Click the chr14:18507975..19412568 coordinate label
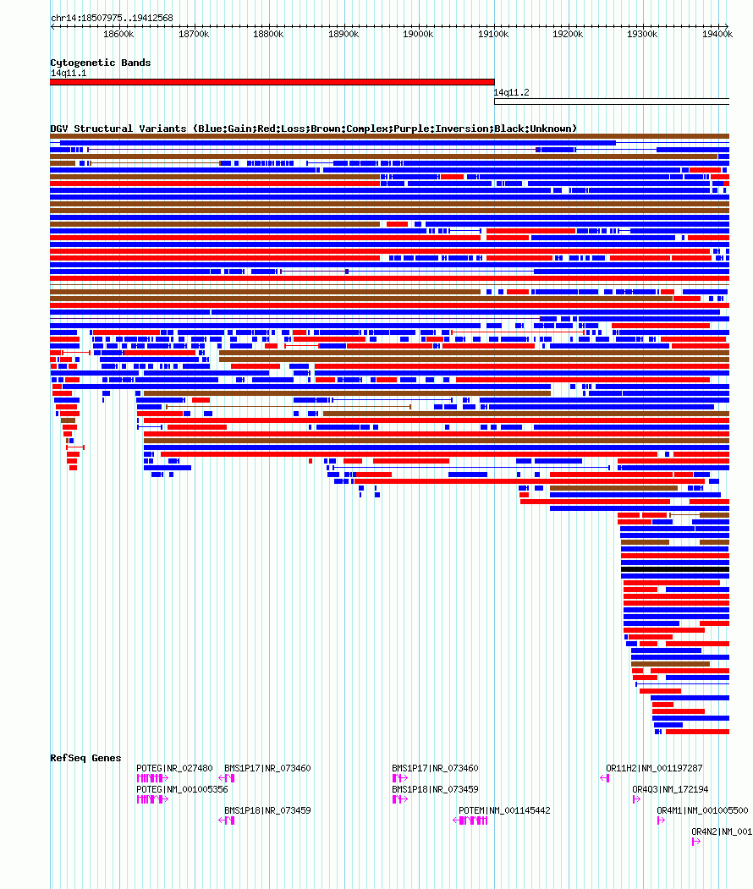112,18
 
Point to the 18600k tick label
118,34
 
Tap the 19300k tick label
643,34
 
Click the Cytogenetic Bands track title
100,63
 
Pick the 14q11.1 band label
68,74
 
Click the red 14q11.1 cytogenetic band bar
272,82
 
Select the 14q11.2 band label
511,92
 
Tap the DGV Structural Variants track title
313,129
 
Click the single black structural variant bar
674,569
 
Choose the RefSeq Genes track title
85,758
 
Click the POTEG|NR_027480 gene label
174,768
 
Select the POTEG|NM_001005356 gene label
182,789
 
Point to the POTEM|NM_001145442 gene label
504,810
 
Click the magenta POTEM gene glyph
470,820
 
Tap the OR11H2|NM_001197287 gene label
654,768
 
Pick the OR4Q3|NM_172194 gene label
670,789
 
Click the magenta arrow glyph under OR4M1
661,820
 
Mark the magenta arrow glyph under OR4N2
695,842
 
